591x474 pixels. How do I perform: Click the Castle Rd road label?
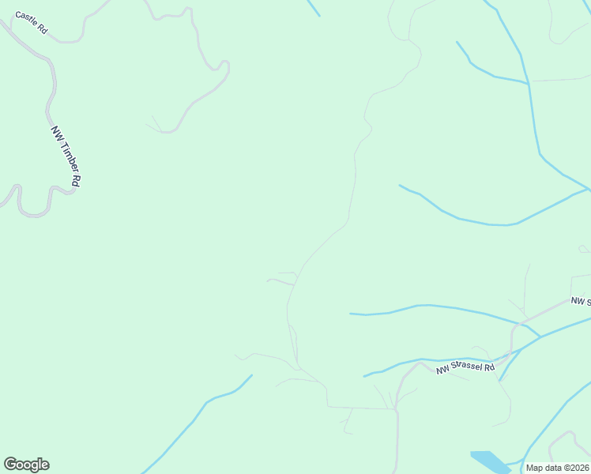(32, 24)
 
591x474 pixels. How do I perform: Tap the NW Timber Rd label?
(66, 156)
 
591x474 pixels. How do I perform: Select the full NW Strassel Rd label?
(466, 367)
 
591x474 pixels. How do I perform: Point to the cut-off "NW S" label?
(581, 301)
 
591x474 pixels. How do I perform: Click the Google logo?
(26, 465)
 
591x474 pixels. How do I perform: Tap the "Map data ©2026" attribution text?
(557, 468)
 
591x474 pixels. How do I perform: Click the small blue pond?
(490, 461)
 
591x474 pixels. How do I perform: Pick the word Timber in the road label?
(66, 156)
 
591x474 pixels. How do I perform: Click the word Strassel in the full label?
(469, 367)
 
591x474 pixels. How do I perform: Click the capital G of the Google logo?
(9, 465)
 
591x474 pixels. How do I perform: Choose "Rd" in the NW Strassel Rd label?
(489, 367)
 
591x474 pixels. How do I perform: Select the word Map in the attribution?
(534, 468)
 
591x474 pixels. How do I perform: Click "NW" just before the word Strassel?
(443, 371)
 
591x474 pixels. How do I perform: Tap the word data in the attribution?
(551, 468)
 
